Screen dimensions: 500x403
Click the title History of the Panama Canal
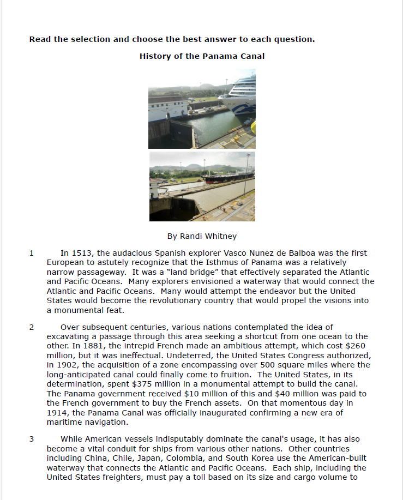pyautogui.click(x=202, y=56)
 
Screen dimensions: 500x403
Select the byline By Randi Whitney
pyautogui.click(x=202, y=236)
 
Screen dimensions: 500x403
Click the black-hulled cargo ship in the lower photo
pyautogui.click(x=226, y=177)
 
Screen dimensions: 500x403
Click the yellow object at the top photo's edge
pyautogui.click(x=253, y=128)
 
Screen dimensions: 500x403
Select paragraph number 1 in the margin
pyautogui.click(x=32, y=253)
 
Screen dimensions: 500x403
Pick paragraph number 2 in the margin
pyautogui.click(x=32, y=327)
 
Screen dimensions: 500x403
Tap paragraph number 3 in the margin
pyautogui.click(x=32, y=439)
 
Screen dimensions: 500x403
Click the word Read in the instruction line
pyautogui.click(x=40, y=39)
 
